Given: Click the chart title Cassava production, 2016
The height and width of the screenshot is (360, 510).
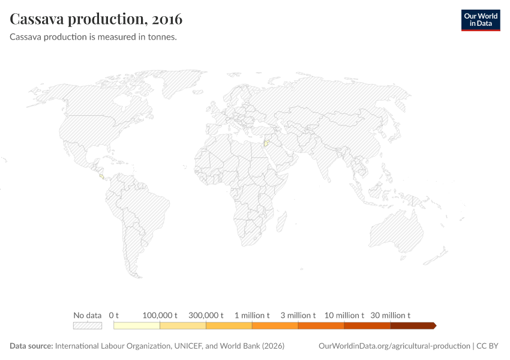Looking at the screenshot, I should click(x=97, y=19).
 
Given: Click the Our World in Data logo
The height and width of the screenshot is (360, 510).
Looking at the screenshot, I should click(x=480, y=19).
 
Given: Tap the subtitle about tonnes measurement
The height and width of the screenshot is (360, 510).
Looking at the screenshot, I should click(x=93, y=37).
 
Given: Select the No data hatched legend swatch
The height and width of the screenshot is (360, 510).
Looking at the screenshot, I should click(x=88, y=325).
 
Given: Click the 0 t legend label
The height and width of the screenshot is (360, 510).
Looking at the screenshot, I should click(x=114, y=315).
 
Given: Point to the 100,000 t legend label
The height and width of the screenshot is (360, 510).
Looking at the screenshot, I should click(x=160, y=315).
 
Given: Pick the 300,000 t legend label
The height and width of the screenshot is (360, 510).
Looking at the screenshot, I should click(x=206, y=315).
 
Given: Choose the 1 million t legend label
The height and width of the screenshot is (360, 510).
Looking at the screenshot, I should click(x=252, y=315).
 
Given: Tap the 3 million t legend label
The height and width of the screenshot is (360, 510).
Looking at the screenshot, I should click(x=298, y=315).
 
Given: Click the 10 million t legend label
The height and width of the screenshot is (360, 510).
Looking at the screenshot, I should click(x=344, y=315).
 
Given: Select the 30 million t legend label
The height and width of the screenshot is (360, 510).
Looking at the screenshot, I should click(x=391, y=315).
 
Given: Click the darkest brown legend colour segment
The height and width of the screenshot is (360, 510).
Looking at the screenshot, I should click(x=413, y=325).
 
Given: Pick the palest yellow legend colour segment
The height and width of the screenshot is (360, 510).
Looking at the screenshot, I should click(x=137, y=325).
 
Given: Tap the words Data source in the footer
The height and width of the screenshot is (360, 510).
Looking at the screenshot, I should click(x=31, y=346).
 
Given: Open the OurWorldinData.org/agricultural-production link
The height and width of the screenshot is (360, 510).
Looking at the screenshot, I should click(x=394, y=346).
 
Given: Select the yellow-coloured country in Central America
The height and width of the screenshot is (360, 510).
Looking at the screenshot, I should click(x=101, y=176).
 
